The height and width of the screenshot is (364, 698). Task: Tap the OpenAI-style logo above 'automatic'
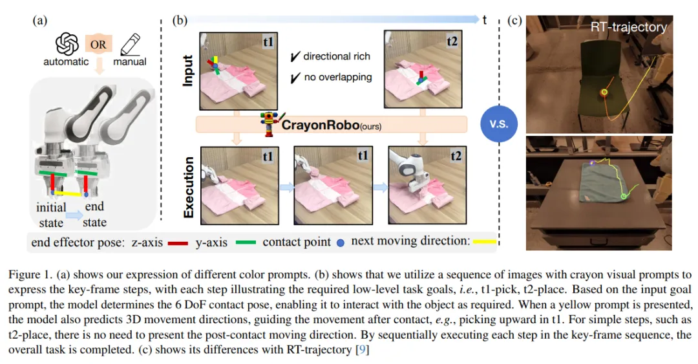point(67,43)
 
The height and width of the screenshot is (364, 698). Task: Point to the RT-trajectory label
point(628,27)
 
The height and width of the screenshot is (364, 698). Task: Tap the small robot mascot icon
point(270,123)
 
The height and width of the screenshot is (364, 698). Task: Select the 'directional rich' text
point(337,56)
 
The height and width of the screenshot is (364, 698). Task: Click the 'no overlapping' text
point(337,77)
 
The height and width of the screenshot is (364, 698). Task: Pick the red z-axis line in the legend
point(175,243)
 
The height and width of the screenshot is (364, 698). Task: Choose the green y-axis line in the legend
point(242,243)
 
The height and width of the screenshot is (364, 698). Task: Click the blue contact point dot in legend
point(341,243)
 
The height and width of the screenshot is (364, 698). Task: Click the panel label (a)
point(40,20)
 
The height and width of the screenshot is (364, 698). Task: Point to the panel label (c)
point(515,20)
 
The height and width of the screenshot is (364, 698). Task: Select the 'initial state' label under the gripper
point(51,215)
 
